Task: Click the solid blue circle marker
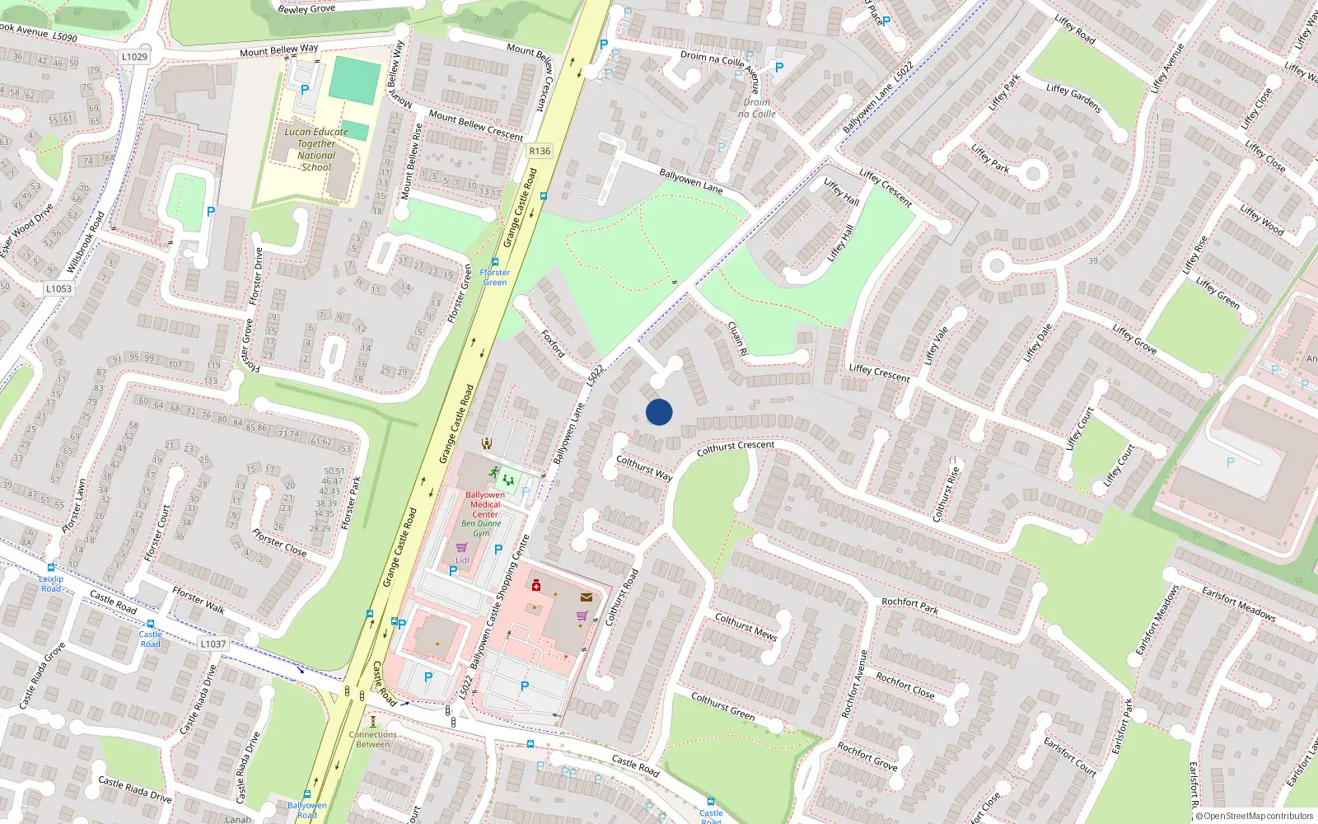click(x=659, y=412)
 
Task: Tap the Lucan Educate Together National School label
click(x=316, y=149)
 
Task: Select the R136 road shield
click(x=540, y=151)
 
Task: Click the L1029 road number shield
click(x=134, y=57)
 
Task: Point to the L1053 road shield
click(x=58, y=288)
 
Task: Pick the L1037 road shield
click(x=213, y=644)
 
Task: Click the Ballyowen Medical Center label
click(x=485, y=504)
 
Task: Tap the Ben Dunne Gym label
click(x=481, y=527)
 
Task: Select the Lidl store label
click(x=462, y=560)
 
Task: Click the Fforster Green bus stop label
click(x=495, y=277)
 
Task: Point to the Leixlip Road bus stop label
click(x=51, y=583)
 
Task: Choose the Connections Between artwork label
click(x=372, y=739)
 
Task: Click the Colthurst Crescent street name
click(x=736, y=447)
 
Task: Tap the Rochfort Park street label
click(x=909, y=606)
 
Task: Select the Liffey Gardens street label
click(x=1073, y=98)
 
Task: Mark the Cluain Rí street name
click(x=737, y=338)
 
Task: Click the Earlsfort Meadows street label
click(x=1238, y=603)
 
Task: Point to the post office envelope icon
click(x=586, y=597)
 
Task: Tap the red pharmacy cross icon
click(x=536, y=585)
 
